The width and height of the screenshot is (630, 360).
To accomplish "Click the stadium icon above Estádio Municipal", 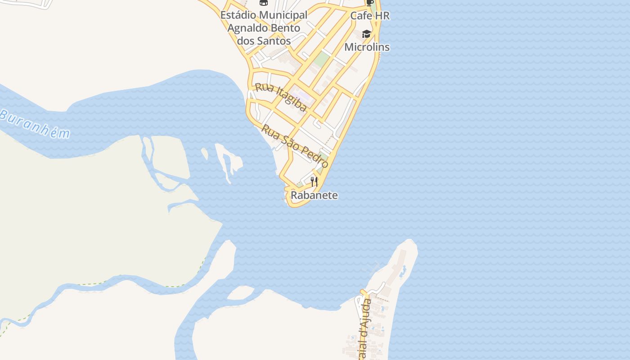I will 264,3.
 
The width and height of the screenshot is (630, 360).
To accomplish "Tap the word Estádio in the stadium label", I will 239,15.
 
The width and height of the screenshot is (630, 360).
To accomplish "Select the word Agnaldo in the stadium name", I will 247,28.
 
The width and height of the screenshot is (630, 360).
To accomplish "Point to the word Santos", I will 274,40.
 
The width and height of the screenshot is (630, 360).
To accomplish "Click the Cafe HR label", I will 370,16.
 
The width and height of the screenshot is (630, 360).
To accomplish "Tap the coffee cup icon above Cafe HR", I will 370,2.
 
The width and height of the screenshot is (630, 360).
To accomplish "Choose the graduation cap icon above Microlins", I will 367,34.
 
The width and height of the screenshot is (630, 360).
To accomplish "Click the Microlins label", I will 367,47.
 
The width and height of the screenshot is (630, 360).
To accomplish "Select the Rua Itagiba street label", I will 281,97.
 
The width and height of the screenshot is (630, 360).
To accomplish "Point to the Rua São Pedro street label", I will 295,146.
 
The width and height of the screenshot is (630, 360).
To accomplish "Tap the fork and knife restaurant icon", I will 314,182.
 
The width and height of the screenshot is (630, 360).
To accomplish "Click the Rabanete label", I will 314,195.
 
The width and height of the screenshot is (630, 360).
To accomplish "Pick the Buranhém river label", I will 35,124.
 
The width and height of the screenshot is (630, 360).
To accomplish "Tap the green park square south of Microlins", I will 321,58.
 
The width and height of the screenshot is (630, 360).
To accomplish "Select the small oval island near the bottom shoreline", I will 240,293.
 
